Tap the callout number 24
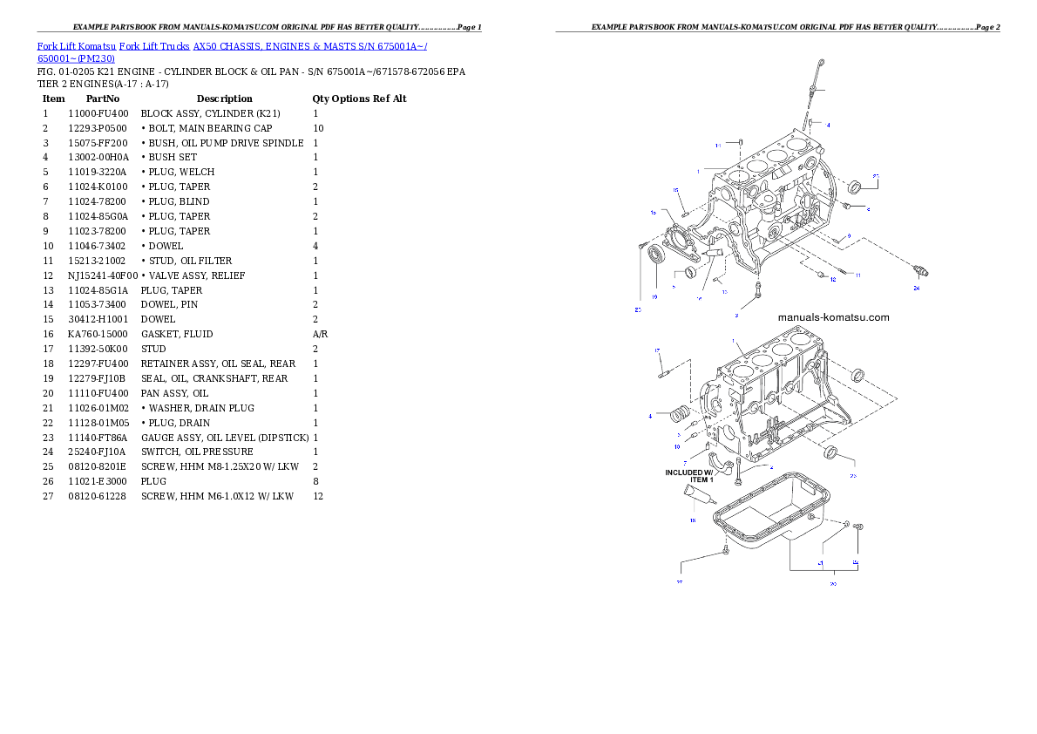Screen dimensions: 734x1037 916,287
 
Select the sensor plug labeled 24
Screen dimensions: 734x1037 921,269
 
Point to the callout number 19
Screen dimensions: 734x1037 654,296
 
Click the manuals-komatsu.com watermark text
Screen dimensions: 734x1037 833,317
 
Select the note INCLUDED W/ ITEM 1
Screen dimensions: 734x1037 689,476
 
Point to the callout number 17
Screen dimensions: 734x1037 658,350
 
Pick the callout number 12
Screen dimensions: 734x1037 832,279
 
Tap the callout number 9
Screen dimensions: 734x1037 848,236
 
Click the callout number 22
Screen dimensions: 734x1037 680,581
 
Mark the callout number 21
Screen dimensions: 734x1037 820,564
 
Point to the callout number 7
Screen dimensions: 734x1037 685,463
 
